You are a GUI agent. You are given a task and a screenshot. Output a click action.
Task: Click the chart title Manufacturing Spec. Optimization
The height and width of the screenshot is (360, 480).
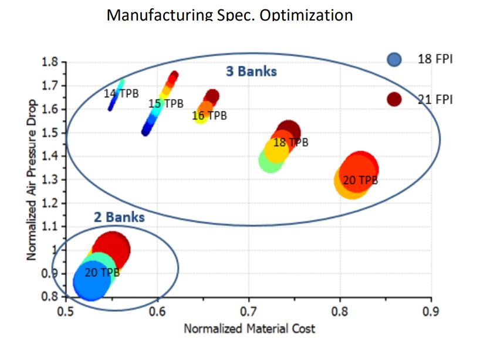point(229,15)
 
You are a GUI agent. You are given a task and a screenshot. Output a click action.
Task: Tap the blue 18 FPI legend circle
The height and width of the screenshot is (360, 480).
point(394,59)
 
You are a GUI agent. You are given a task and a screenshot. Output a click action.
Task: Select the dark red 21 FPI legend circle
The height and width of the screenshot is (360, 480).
point(394,99)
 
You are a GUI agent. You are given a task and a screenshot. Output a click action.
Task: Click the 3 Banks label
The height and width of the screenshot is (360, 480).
point(251,72)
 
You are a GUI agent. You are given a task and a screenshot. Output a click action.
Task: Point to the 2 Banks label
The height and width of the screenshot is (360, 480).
point(119,217)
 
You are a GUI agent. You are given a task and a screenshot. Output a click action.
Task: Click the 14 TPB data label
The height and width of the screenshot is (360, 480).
point(121,94)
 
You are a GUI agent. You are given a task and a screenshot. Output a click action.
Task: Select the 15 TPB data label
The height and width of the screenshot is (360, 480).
point(166,104)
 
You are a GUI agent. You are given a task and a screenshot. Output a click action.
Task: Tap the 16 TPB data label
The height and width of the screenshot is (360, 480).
point(209,116)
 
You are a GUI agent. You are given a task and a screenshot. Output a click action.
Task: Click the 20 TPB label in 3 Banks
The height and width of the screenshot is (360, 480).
point(360,180)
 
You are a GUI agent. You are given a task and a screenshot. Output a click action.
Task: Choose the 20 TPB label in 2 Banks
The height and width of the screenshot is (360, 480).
point(102,273)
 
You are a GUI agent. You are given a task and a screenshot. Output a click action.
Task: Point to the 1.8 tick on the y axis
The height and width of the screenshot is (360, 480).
point(51,62)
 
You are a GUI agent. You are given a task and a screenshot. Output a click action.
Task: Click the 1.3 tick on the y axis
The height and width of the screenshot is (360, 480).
point(51,180)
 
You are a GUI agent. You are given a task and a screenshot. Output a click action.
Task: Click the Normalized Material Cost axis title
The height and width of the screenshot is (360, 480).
point(249,328)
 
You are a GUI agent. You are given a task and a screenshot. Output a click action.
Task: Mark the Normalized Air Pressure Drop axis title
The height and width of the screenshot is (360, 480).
point(32,179)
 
